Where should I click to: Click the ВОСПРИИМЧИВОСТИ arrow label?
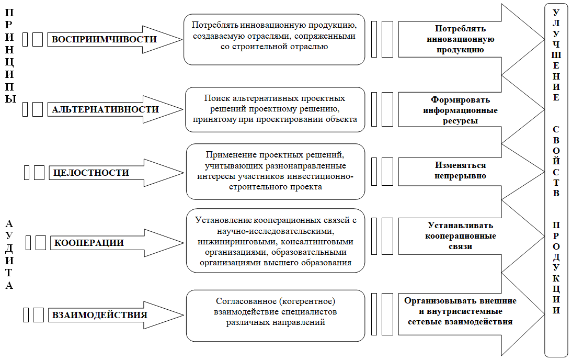coord(105,39)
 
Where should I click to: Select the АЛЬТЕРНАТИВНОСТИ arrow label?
coord(106,109)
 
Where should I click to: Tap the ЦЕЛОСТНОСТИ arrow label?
coord(91,173)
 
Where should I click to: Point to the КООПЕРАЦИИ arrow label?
coord(89,243)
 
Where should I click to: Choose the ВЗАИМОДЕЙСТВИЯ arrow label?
coord(99,314)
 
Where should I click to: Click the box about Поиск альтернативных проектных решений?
coord(275,109)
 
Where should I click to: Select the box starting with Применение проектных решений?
coord(276,172)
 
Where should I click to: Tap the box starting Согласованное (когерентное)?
coord(276,316)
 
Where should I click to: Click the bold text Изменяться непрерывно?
coord(461,171)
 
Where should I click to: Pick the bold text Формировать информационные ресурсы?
coord(461,110)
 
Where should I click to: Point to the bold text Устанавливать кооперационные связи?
coord(461,236)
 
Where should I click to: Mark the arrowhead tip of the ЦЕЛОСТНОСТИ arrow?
coord(184,173)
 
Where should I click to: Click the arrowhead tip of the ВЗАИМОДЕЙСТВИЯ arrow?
coord(184,314)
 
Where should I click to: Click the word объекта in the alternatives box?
coord(341,119)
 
